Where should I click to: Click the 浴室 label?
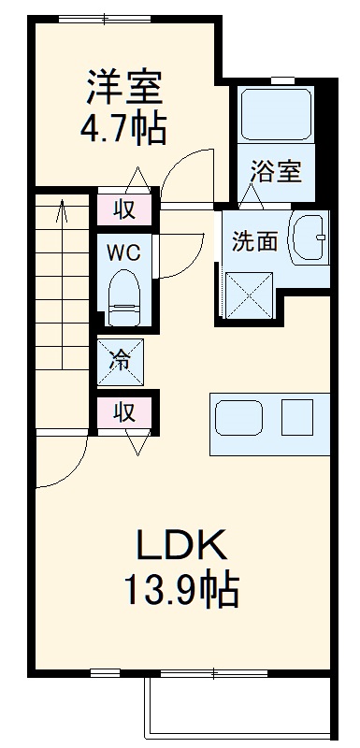point(275,172)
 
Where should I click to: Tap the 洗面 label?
point(254,241)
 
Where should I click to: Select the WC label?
point(122,252)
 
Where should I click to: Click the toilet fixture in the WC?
point(122,293)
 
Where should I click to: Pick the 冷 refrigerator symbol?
point(122,359)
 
